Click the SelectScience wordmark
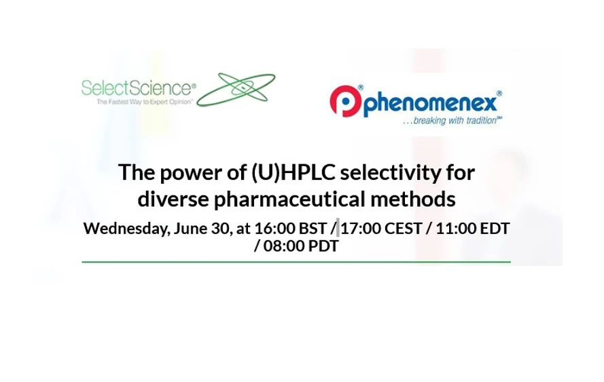(x=138, y=88)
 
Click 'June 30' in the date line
(x=201, y=228)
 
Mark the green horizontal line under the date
(x=296, y=261)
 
